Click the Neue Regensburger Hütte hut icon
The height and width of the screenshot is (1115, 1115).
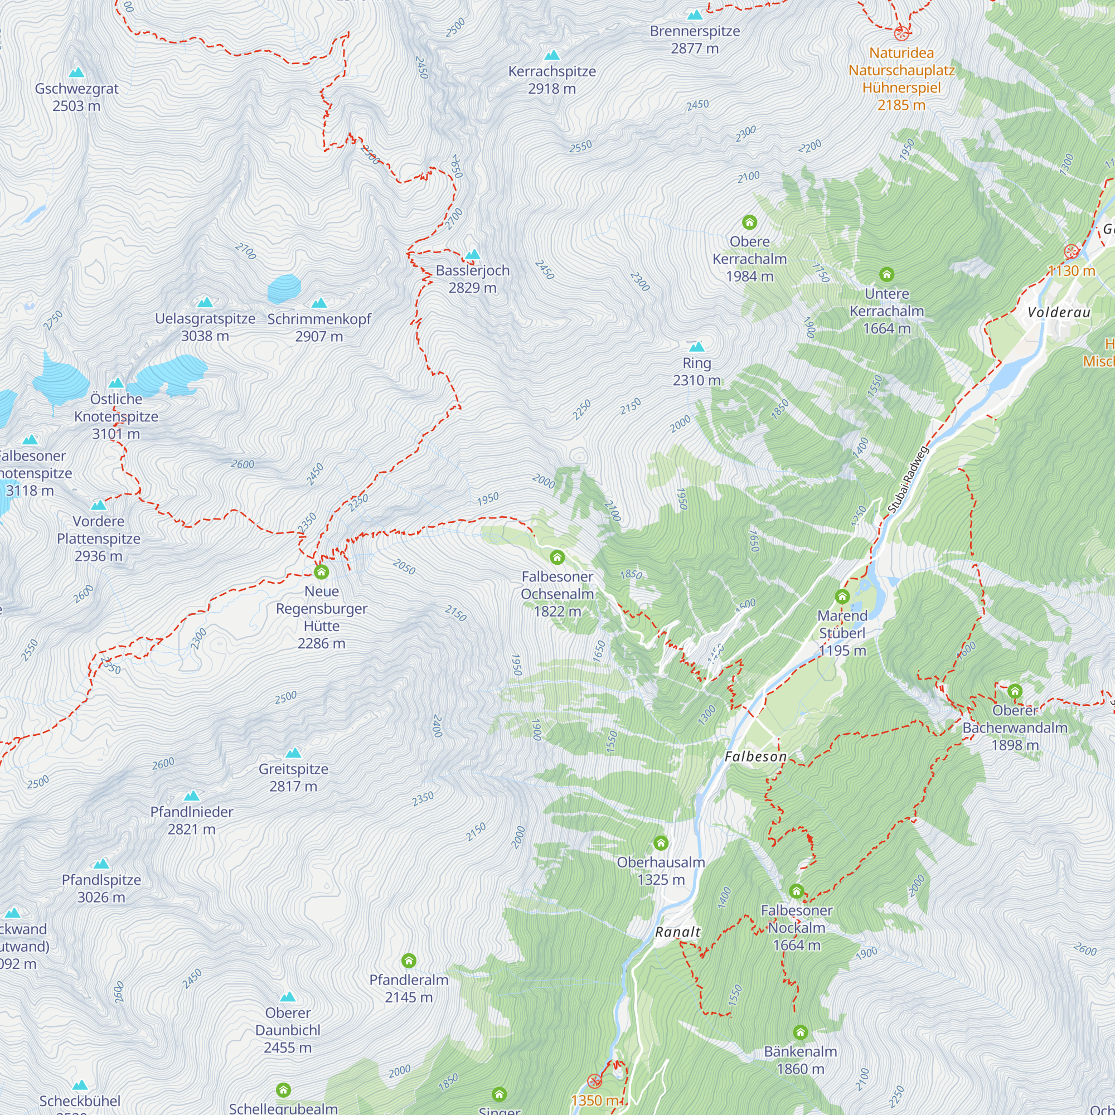(x=322, y=572)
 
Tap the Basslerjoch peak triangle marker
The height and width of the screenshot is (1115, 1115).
(x=473, y=255)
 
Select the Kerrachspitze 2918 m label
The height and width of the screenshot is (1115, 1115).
(x=552, y=80)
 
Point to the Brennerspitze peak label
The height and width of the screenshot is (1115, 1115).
(x=694, y=39)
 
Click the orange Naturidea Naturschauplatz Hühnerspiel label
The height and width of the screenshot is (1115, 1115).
(x=901, y=79)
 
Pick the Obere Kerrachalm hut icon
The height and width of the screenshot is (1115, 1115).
(x=749, y=222)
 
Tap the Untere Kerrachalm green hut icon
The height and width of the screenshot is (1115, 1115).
(x=886, y=275)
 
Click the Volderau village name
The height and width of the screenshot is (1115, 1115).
(x=1059, y=312)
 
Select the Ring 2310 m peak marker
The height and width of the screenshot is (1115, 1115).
(x=696, y=347)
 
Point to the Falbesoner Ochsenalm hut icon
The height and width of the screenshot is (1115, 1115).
(x=557, y=557)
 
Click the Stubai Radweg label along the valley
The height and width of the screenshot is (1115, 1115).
(x=907, y=479)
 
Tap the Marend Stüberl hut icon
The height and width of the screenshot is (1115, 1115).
(x=842, y=596)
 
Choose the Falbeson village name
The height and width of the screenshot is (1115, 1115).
(x=755, y=757)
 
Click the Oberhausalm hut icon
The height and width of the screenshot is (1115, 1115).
(x=661, y=843)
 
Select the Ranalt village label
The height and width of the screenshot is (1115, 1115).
(x=677, y=932)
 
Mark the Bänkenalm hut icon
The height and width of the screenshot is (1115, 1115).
(x=800, y=1032)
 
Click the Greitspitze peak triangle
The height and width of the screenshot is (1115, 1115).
(x=293, y=753)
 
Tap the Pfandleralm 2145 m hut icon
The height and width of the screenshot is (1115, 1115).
(x=409, y=961)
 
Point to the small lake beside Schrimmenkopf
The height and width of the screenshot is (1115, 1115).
(x=284, y=289)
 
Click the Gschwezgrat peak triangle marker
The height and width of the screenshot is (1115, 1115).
(x=76, y=72)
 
